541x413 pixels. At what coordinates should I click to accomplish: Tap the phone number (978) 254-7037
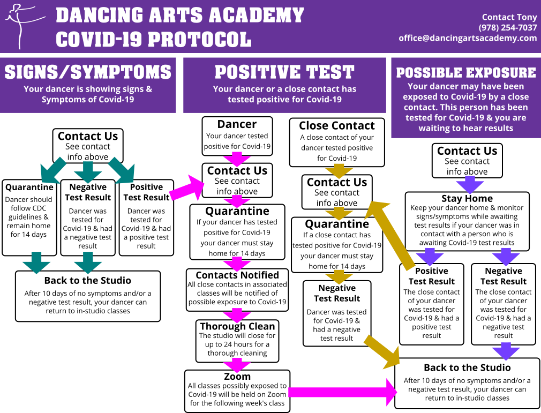click(508, 28)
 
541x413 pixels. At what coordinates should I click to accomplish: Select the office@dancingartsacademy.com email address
click(468, 38)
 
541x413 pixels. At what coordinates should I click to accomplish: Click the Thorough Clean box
click(237, 341)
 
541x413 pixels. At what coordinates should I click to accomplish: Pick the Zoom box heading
click(237, 376)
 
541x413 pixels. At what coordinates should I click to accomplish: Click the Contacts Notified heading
click(237, 275)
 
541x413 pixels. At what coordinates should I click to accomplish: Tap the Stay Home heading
click(467, 198)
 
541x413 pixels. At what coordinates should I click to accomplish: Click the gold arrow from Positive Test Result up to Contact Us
click(390, 235)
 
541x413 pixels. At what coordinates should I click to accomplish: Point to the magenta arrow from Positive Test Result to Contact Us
click(187, 189)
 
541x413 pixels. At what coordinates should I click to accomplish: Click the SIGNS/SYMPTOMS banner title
click(88, 72)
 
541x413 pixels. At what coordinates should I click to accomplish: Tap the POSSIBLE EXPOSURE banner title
click(466, 72)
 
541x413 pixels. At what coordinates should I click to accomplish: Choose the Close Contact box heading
click(337, 125)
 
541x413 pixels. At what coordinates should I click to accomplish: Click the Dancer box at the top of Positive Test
click(237, 136)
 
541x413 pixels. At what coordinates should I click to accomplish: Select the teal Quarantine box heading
click(29, 187)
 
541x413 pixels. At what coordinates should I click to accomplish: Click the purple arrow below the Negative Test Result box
click(506, 351)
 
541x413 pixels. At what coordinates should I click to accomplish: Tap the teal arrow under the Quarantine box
click(36, 262)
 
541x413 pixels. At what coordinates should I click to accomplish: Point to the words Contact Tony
click(509, 17)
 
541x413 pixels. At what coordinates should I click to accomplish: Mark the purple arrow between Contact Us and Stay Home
click(470, 184)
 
